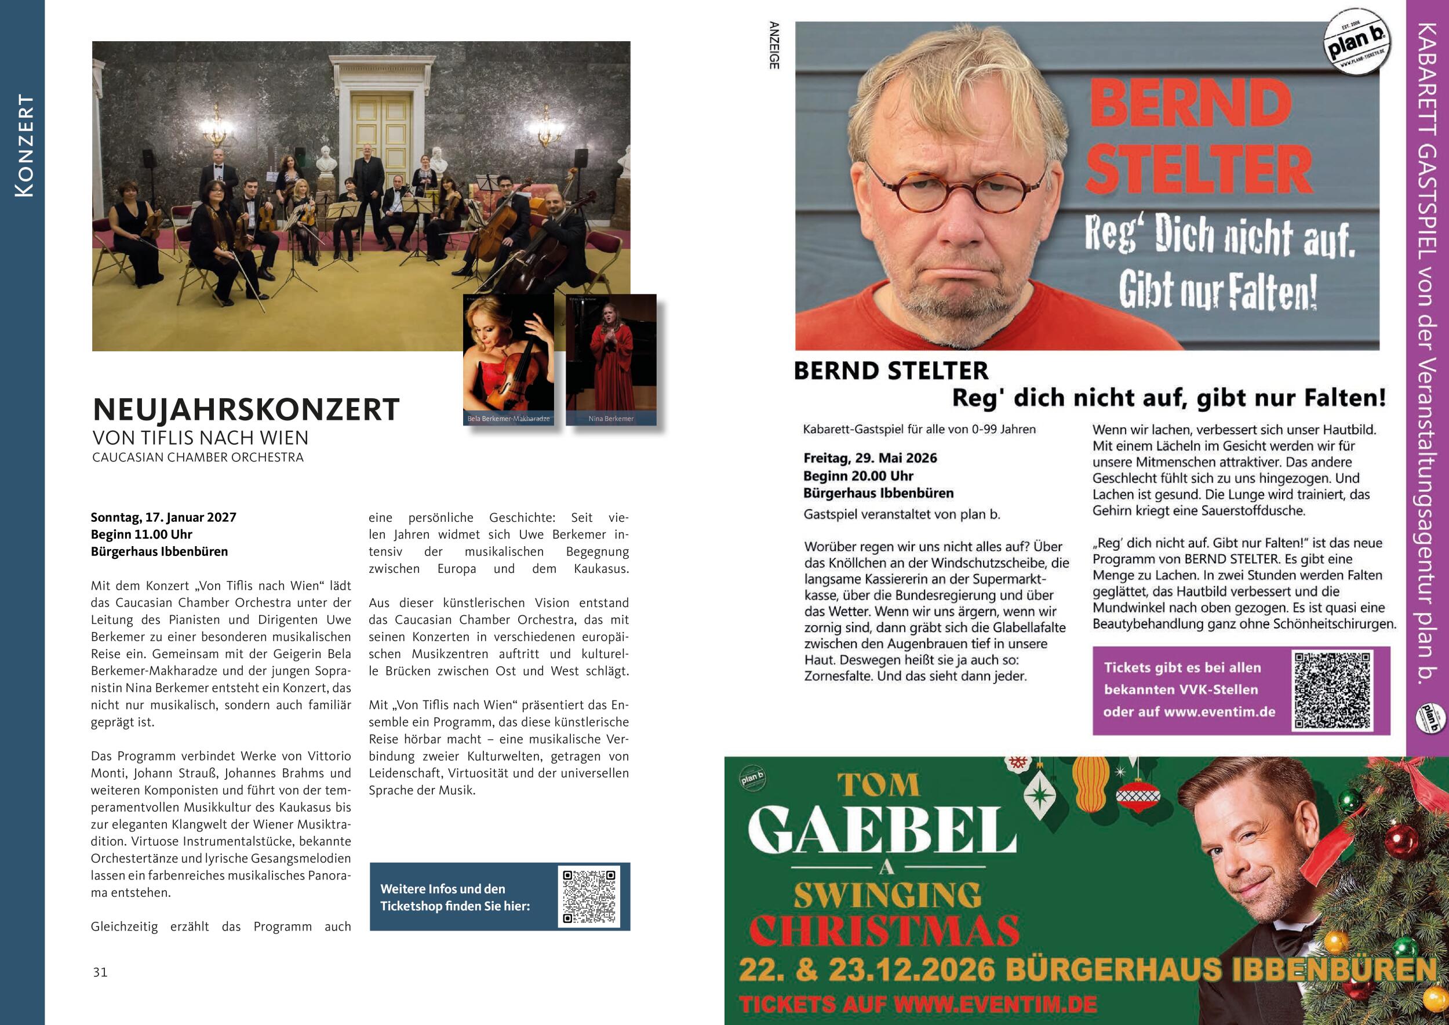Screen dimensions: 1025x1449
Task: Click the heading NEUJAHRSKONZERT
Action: (246, 410)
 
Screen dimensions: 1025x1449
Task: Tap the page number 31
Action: (100, 973)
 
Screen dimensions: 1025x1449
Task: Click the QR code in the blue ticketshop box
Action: (589, 896)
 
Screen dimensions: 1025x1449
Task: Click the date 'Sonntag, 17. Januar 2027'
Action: (163, 518)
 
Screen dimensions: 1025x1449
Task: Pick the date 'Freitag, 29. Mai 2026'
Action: (869, 458)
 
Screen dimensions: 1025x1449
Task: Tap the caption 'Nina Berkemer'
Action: (610, 419)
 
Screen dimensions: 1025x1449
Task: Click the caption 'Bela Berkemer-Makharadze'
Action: (508, 419)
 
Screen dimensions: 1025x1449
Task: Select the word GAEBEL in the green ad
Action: (882, 830)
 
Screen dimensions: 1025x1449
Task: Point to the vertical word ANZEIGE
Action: (774, 45)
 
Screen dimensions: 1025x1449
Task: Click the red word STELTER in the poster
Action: (1199, 169)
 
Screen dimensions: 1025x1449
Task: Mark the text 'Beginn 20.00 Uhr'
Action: (858, 476)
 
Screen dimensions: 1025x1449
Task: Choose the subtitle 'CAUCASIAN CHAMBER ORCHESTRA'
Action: (198, 457)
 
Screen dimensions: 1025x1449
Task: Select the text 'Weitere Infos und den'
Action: (442, 889)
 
